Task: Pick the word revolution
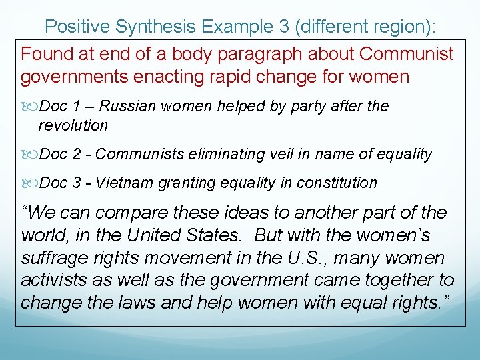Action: [x=73, y=125]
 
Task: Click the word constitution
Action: [x=339, y=183]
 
